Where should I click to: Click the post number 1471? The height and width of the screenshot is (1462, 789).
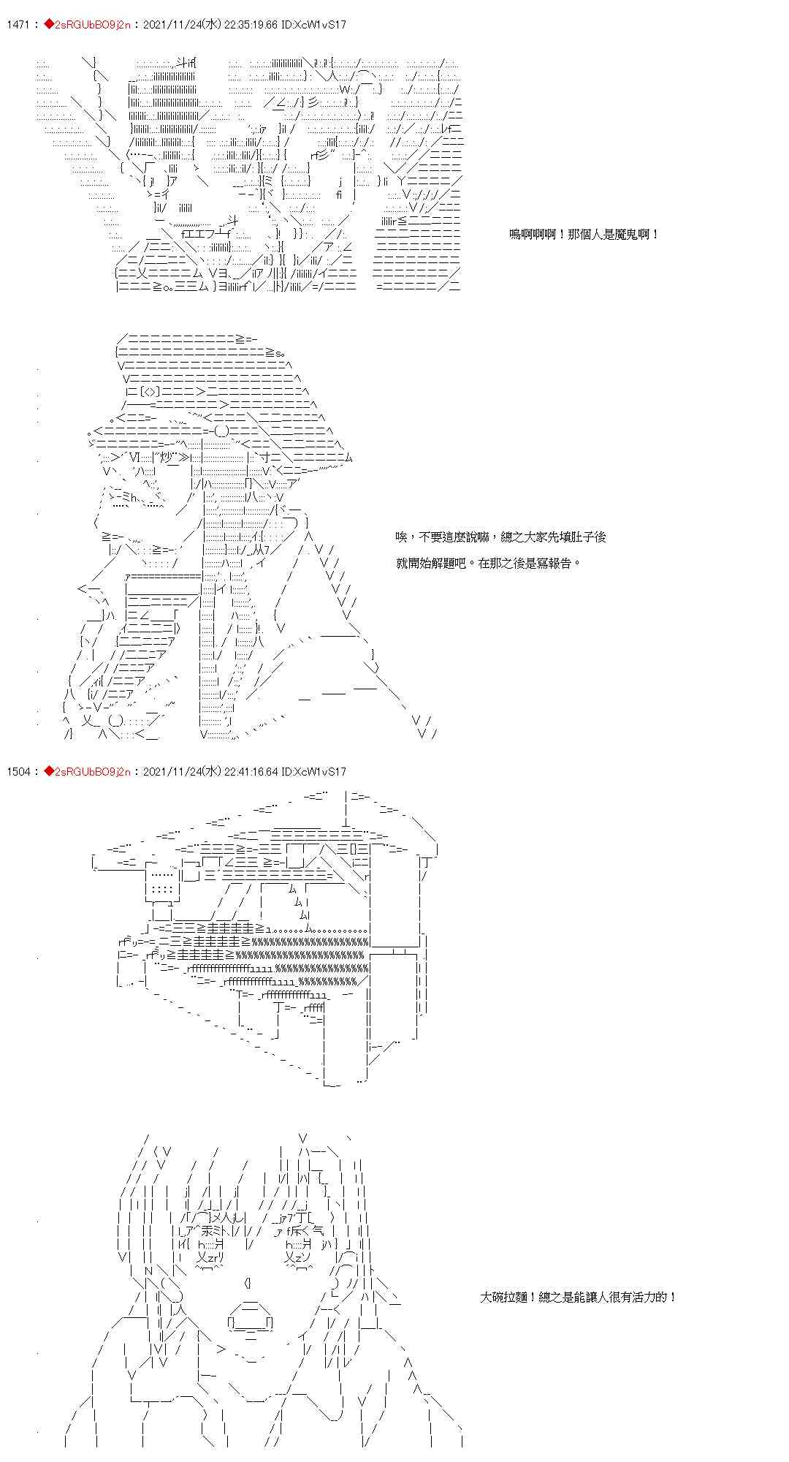click(17, 25)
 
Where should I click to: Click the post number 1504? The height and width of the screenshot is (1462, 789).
click(18, 772)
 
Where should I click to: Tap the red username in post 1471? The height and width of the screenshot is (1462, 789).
click(91, 25)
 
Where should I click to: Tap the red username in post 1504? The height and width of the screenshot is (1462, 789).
click(91, 772)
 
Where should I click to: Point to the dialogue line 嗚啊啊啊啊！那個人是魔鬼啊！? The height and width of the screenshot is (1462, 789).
click(584, 235)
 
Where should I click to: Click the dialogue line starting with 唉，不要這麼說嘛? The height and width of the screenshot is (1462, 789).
click(501, 537)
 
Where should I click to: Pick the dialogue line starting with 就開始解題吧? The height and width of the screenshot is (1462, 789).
click(488, 564)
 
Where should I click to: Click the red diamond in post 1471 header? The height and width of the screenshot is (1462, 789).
click(48, 25)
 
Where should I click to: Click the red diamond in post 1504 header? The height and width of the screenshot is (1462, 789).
click(48, 772)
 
